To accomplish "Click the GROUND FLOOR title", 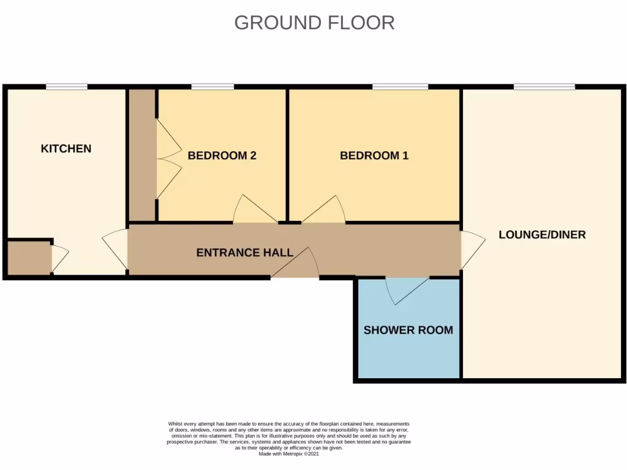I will pyautogui.click(x=314, y=23).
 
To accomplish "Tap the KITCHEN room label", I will pyautogui.click(x=66, y=149).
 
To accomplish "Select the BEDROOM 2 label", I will pyautogui.click(x=222, y=155).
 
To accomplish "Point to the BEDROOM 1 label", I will pyautogui.click(x=374, y=155).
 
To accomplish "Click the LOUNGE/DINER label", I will pyautogui.click(x=542, y=234).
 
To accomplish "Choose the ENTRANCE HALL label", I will pyautogui.click(x=244, y=252).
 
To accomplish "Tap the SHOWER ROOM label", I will pyautogui.click(x=408, y=330).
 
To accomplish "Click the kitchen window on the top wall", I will pyautogui.click(x=66, y=87).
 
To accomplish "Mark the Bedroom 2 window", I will pyautogui.click(x=212, y=87).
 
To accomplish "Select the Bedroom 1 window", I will pyautogui.click(x=400, y=87).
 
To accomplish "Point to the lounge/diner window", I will pyautogui.click(x=544, y=87).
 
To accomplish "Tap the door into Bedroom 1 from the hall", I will pyautogui.click(x=325, y=211).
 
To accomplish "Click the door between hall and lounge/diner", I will pyautogui.click(x=471, y=250).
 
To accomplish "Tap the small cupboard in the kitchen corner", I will pyautogui.click(x=28, y=258).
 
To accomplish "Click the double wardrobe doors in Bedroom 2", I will pyautogui.click(x=168, y=158).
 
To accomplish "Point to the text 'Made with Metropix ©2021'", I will pyautogui.click(x=289, y=454).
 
